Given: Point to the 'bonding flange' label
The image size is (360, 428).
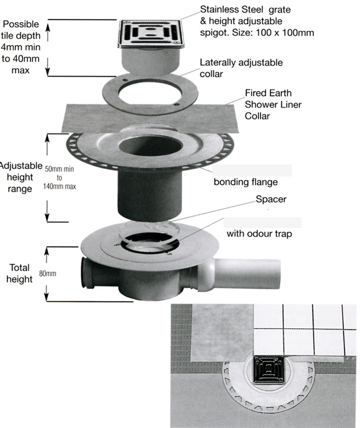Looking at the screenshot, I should point(245,182).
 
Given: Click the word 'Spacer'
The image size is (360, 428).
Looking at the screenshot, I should point(271,199).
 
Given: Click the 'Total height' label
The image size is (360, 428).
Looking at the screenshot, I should point(20,273).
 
